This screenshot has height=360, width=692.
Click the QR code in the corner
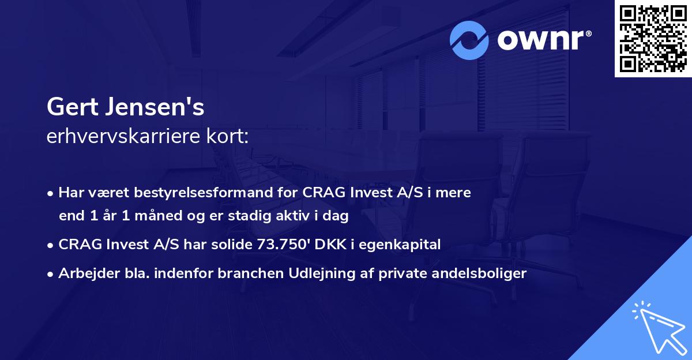(653, 39)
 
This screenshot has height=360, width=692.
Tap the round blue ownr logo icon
(470, 41)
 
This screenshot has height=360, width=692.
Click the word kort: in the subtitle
(231, 137)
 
